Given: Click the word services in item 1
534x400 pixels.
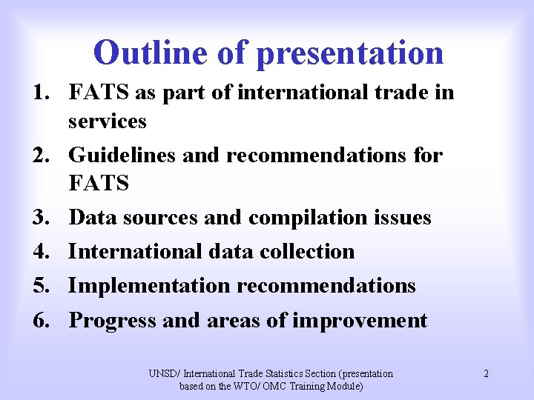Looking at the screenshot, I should click(108, 121).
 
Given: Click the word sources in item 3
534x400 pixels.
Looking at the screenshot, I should click(161, 218).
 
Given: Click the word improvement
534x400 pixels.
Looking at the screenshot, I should click(360, 321).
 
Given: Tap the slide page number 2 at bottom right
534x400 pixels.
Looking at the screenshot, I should click(486, 373).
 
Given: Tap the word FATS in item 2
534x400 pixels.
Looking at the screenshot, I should click(99, 183).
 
